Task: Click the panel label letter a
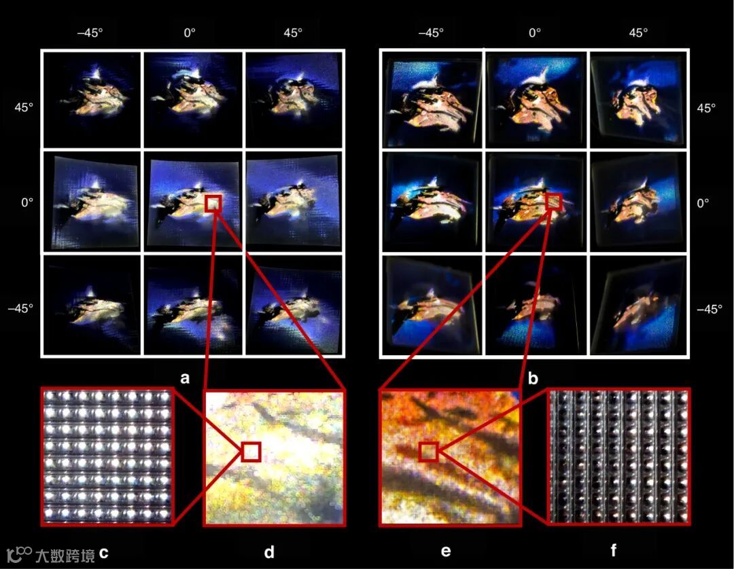coord(185,378)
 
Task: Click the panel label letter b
coord(533,378)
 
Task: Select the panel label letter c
coord(104,553)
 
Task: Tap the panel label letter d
coord(269,552)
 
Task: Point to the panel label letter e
coord(446,552)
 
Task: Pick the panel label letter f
coord(613,550)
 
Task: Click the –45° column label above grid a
coord(90,33)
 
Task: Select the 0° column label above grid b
coord(535,33)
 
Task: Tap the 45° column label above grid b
coord(638,33)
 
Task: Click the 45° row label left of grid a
coord(24,107)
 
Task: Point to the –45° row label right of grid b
coord(709,309)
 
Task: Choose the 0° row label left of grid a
coord(27,203)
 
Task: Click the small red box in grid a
coord(213,204)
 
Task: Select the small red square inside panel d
coord(251,452)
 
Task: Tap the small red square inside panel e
coord(428,452)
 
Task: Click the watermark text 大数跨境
coord(65,555)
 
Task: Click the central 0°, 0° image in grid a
coord(193,202)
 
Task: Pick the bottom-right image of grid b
coord(638,306)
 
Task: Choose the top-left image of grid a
coord(92,100)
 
